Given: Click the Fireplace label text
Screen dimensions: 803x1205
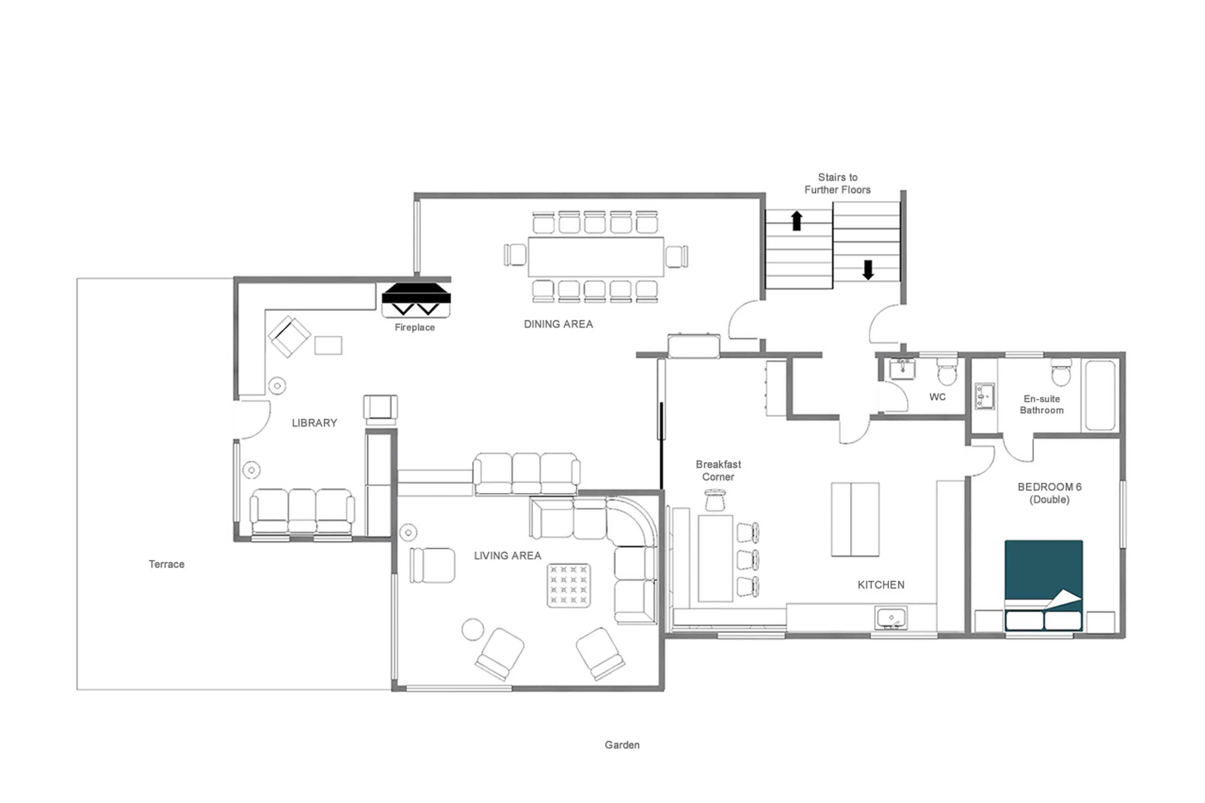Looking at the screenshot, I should [414, 327].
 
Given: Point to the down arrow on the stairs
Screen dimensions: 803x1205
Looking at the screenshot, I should [868, 270].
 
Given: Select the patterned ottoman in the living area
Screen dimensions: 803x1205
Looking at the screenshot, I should [568, 585].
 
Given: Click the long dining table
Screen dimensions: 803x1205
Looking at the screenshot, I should [596, 257].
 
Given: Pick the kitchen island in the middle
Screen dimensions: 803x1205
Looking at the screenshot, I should [855, 519].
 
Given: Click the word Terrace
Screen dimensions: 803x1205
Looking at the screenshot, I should [166, 564].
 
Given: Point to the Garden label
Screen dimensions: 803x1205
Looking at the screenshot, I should [622, 745].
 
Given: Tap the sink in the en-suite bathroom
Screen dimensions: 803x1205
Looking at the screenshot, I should [984, 396].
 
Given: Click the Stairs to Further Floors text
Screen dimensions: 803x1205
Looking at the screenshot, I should [837, 183].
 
